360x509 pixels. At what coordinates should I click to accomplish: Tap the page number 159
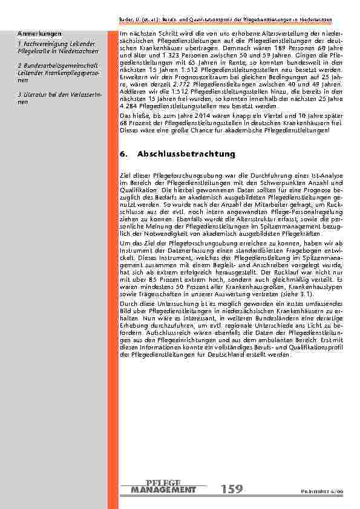coord(232,488)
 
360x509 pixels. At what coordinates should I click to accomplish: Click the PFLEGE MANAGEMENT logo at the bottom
coord(163,486)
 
